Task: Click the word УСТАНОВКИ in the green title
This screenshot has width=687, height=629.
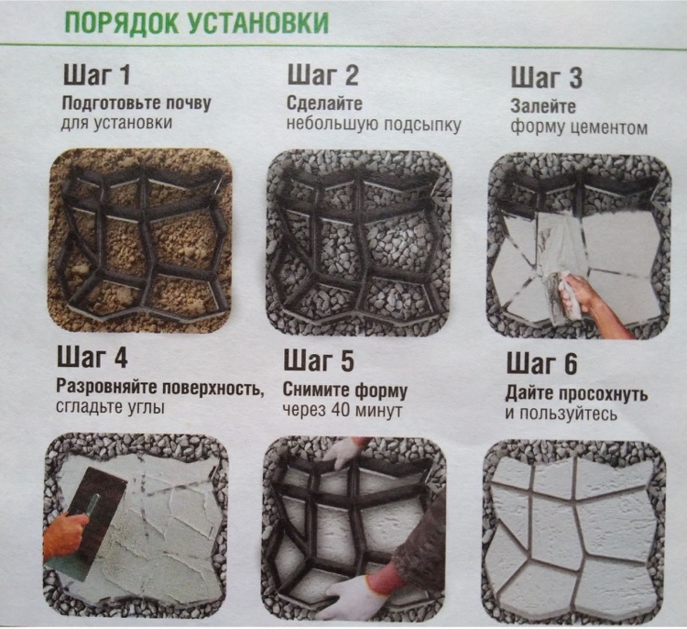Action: coord(259,23)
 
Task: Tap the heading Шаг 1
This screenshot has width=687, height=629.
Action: coord(97,74)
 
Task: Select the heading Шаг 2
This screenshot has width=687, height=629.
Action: coord(322,74)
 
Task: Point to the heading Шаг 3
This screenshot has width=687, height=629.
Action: coord(546,77)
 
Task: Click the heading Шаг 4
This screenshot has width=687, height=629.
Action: coord(92,357)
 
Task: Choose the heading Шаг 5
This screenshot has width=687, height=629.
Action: coord(319,360)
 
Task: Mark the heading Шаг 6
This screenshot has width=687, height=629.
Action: coord(542,364)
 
